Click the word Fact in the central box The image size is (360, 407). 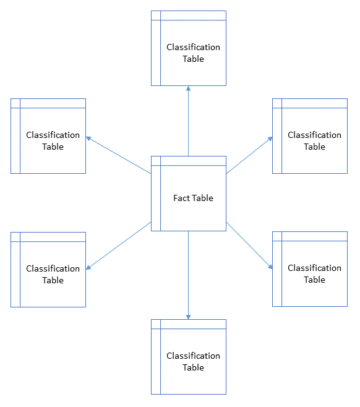pyautogui.click(x=182, y=199)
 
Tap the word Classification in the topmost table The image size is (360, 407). pyautogui.click(x=193, y=47)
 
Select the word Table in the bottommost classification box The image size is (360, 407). pyautogui.click(x=193, y=367)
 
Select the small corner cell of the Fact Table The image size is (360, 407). pyautogui.click(x=156, y=161)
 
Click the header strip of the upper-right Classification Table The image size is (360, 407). pyautogui.click(x=314, y=103)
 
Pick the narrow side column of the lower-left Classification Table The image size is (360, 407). pyautogui.click(x=15, y=274)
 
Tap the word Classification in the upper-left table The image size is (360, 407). pyautogui.click(x=53, y=135)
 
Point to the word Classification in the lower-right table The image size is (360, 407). pyautogui.click(x=314, y=268)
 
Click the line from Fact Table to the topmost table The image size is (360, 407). pyautogui.click(x=189, y=124)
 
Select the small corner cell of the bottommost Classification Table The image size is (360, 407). pyautogui.click(x=156, y=324)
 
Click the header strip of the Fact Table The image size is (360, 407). pyautogui.click(x=193, y=161)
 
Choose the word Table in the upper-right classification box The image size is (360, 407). pyautogui.click(x=314, y=147)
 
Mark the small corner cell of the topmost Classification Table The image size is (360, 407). pyautogui.click(x=156, y=15)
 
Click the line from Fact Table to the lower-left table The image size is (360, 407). pyautogui.click(x=121, y=245)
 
